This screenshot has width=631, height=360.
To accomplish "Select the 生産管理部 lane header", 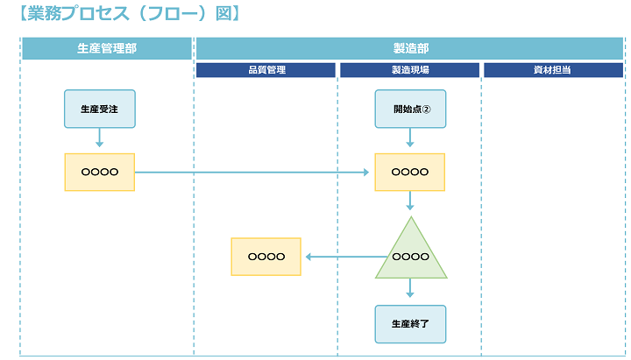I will click(106, 48).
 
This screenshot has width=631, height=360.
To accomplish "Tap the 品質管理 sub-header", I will click(266, 70).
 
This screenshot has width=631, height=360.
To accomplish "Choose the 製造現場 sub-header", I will click(409, 70).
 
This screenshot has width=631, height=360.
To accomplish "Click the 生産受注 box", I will click(99, 109).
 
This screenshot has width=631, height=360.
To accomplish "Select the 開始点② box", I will click(409, 109).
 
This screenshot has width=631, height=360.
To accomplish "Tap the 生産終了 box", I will click(409, 323).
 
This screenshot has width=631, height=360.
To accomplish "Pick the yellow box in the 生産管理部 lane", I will click(99, 173).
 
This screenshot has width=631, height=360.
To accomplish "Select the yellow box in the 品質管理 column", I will click(266, 257).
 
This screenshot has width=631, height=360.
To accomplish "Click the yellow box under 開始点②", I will click(409, 173).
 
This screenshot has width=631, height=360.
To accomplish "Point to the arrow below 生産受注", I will click(99, 138).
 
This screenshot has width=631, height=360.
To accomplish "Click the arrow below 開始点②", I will click(409, 138).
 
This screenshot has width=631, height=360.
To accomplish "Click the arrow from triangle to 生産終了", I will click(409, 290).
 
